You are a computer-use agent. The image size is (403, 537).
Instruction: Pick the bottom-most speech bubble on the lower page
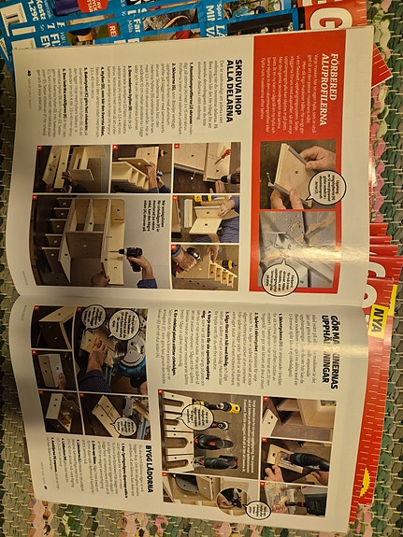252,509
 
